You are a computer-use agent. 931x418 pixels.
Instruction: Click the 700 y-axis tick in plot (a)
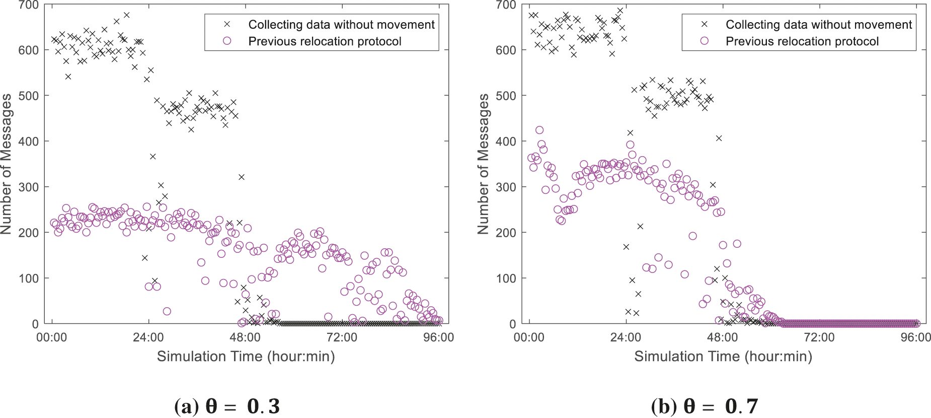point(28,6)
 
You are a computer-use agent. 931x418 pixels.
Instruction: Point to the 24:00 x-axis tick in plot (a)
point(148,337)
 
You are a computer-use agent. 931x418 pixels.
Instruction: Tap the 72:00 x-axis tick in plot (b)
point(819,337)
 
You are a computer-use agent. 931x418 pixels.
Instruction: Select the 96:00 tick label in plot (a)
point(438,337)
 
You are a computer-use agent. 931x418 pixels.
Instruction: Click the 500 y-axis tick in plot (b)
point(506,96)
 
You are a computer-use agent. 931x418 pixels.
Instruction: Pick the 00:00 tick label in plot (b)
point(529,337)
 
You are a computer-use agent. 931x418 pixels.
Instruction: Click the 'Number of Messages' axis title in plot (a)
point(7,164)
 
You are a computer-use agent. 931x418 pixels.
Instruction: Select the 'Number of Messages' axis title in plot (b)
point(484,164)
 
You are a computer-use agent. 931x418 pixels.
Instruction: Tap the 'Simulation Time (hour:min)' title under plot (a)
point(246,357)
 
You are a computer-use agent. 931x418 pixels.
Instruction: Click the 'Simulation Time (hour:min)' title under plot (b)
point(723,357)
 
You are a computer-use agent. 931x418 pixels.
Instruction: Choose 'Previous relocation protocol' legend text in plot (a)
point(325,41)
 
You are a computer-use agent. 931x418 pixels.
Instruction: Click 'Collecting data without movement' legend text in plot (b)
point(818,25)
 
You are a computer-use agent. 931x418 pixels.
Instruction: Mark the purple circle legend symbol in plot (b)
point(705,41)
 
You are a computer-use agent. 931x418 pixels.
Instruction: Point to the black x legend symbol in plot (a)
point(227,24)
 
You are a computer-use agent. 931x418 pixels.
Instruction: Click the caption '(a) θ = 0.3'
point(226,406)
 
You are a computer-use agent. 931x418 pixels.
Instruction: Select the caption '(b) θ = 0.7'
point(704,406)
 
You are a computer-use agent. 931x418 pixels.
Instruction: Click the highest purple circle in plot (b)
point(539,130)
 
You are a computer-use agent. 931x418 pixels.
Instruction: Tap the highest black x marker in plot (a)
point(126,15)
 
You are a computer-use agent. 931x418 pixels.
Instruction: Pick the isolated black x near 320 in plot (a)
point(242,177)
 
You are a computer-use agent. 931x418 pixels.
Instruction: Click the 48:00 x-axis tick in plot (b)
point(722,337)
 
